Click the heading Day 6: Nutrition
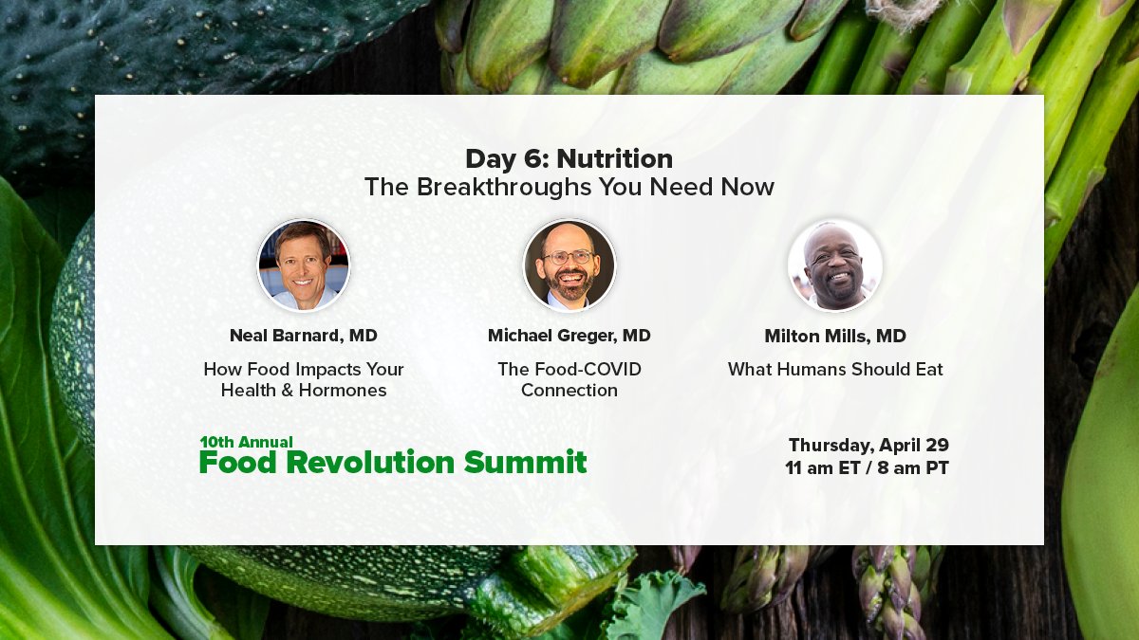point(569,158)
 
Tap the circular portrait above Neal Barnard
point(304,265)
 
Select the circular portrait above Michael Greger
point(569,265)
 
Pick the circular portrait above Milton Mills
point(835,265)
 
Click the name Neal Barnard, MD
point(304,336)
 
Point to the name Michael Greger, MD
point(569,336)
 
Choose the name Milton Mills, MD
point(835,337)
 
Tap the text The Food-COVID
point(569,369)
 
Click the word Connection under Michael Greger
point(569,390)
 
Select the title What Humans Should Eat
point(835,370)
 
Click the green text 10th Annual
point(246,442)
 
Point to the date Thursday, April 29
point(868,445)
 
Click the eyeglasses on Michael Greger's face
point(568,257)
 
